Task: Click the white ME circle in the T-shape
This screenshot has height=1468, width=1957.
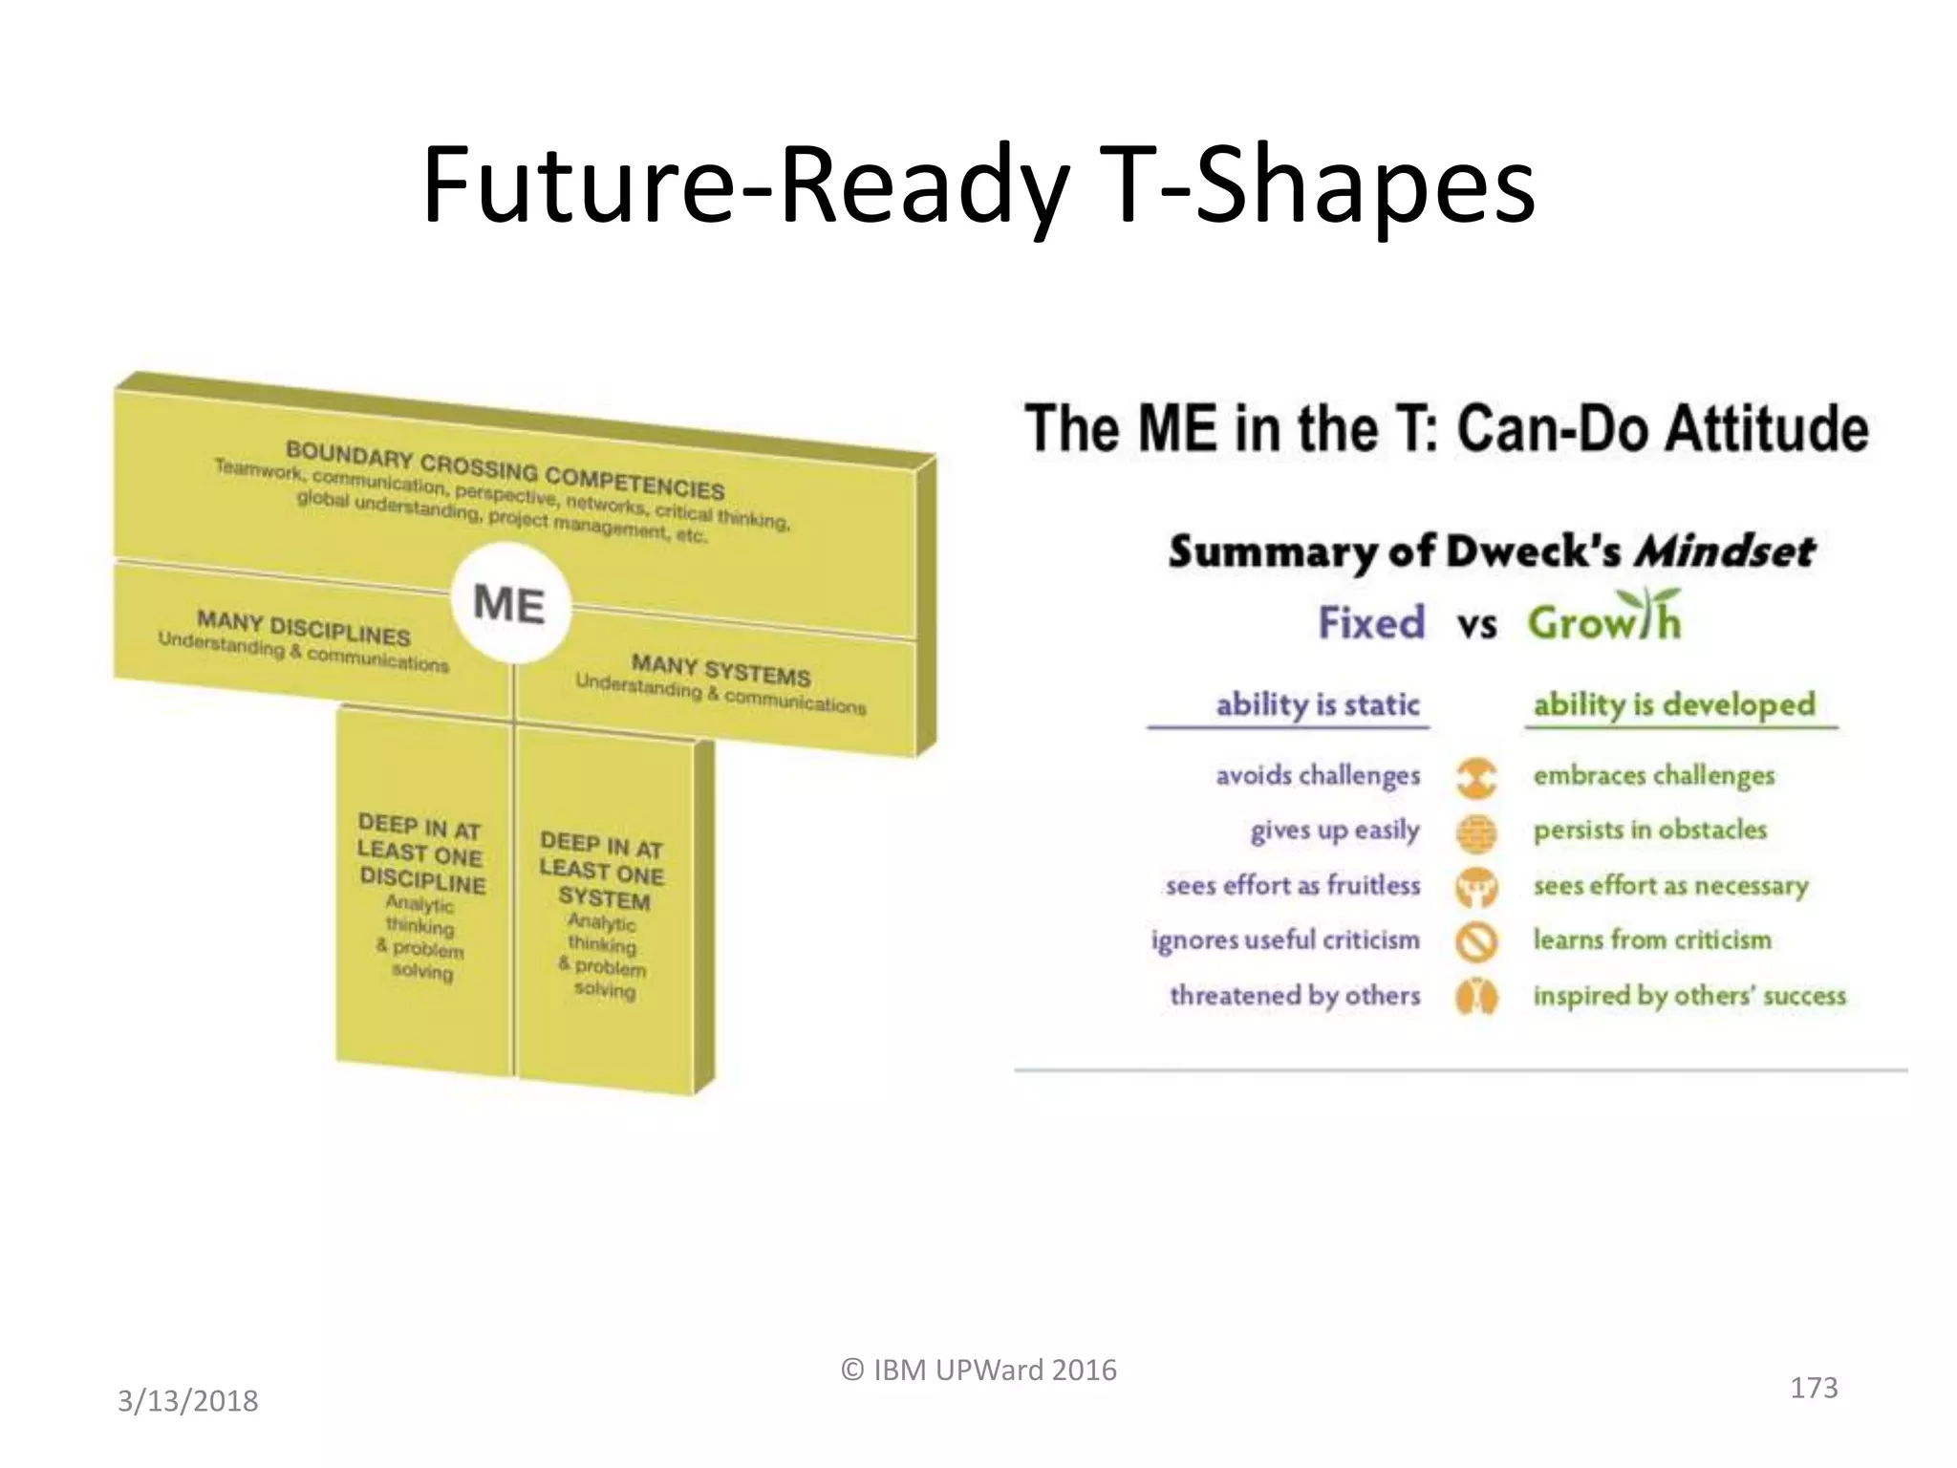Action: click(x=510, y=604)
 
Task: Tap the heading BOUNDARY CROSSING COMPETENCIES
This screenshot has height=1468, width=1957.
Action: click(x=505, y=469)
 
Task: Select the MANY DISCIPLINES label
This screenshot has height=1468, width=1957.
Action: click(x=304, y=628)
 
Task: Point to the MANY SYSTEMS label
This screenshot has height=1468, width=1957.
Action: click(x=720, y=669)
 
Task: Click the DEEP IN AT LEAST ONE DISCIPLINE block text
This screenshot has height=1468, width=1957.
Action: click(x=420, y=853)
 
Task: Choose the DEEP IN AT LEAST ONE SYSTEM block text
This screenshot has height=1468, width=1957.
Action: click(x=601, y=872)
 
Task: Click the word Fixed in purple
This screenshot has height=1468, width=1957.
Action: click(x=1371, y=623)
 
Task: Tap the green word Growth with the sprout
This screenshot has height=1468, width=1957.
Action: click(x=1603, y=621)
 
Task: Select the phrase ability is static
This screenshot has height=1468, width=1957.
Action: click(x=1317, y=705)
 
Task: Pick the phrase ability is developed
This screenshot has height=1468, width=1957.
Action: click(x=1673, y=705)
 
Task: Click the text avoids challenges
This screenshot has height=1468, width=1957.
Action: click(x=1317, y=775)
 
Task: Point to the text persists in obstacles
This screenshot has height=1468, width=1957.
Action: click(x=1649, y=830)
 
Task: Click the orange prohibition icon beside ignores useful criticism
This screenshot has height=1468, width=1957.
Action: click(x=1476, y=941)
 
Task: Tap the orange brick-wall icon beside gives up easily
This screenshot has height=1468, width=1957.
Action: click(x=1476, y=832)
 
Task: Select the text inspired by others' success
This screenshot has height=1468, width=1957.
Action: click(x=1688, y=996)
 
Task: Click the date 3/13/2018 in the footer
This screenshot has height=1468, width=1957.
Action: click(x=187, y=1401)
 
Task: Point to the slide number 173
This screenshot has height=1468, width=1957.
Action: click(x=1813, y=1388)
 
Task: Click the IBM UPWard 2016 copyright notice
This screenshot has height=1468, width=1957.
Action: click(x=978, y=1371)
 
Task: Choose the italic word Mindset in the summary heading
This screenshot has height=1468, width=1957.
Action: click(x=1723, y=551)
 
